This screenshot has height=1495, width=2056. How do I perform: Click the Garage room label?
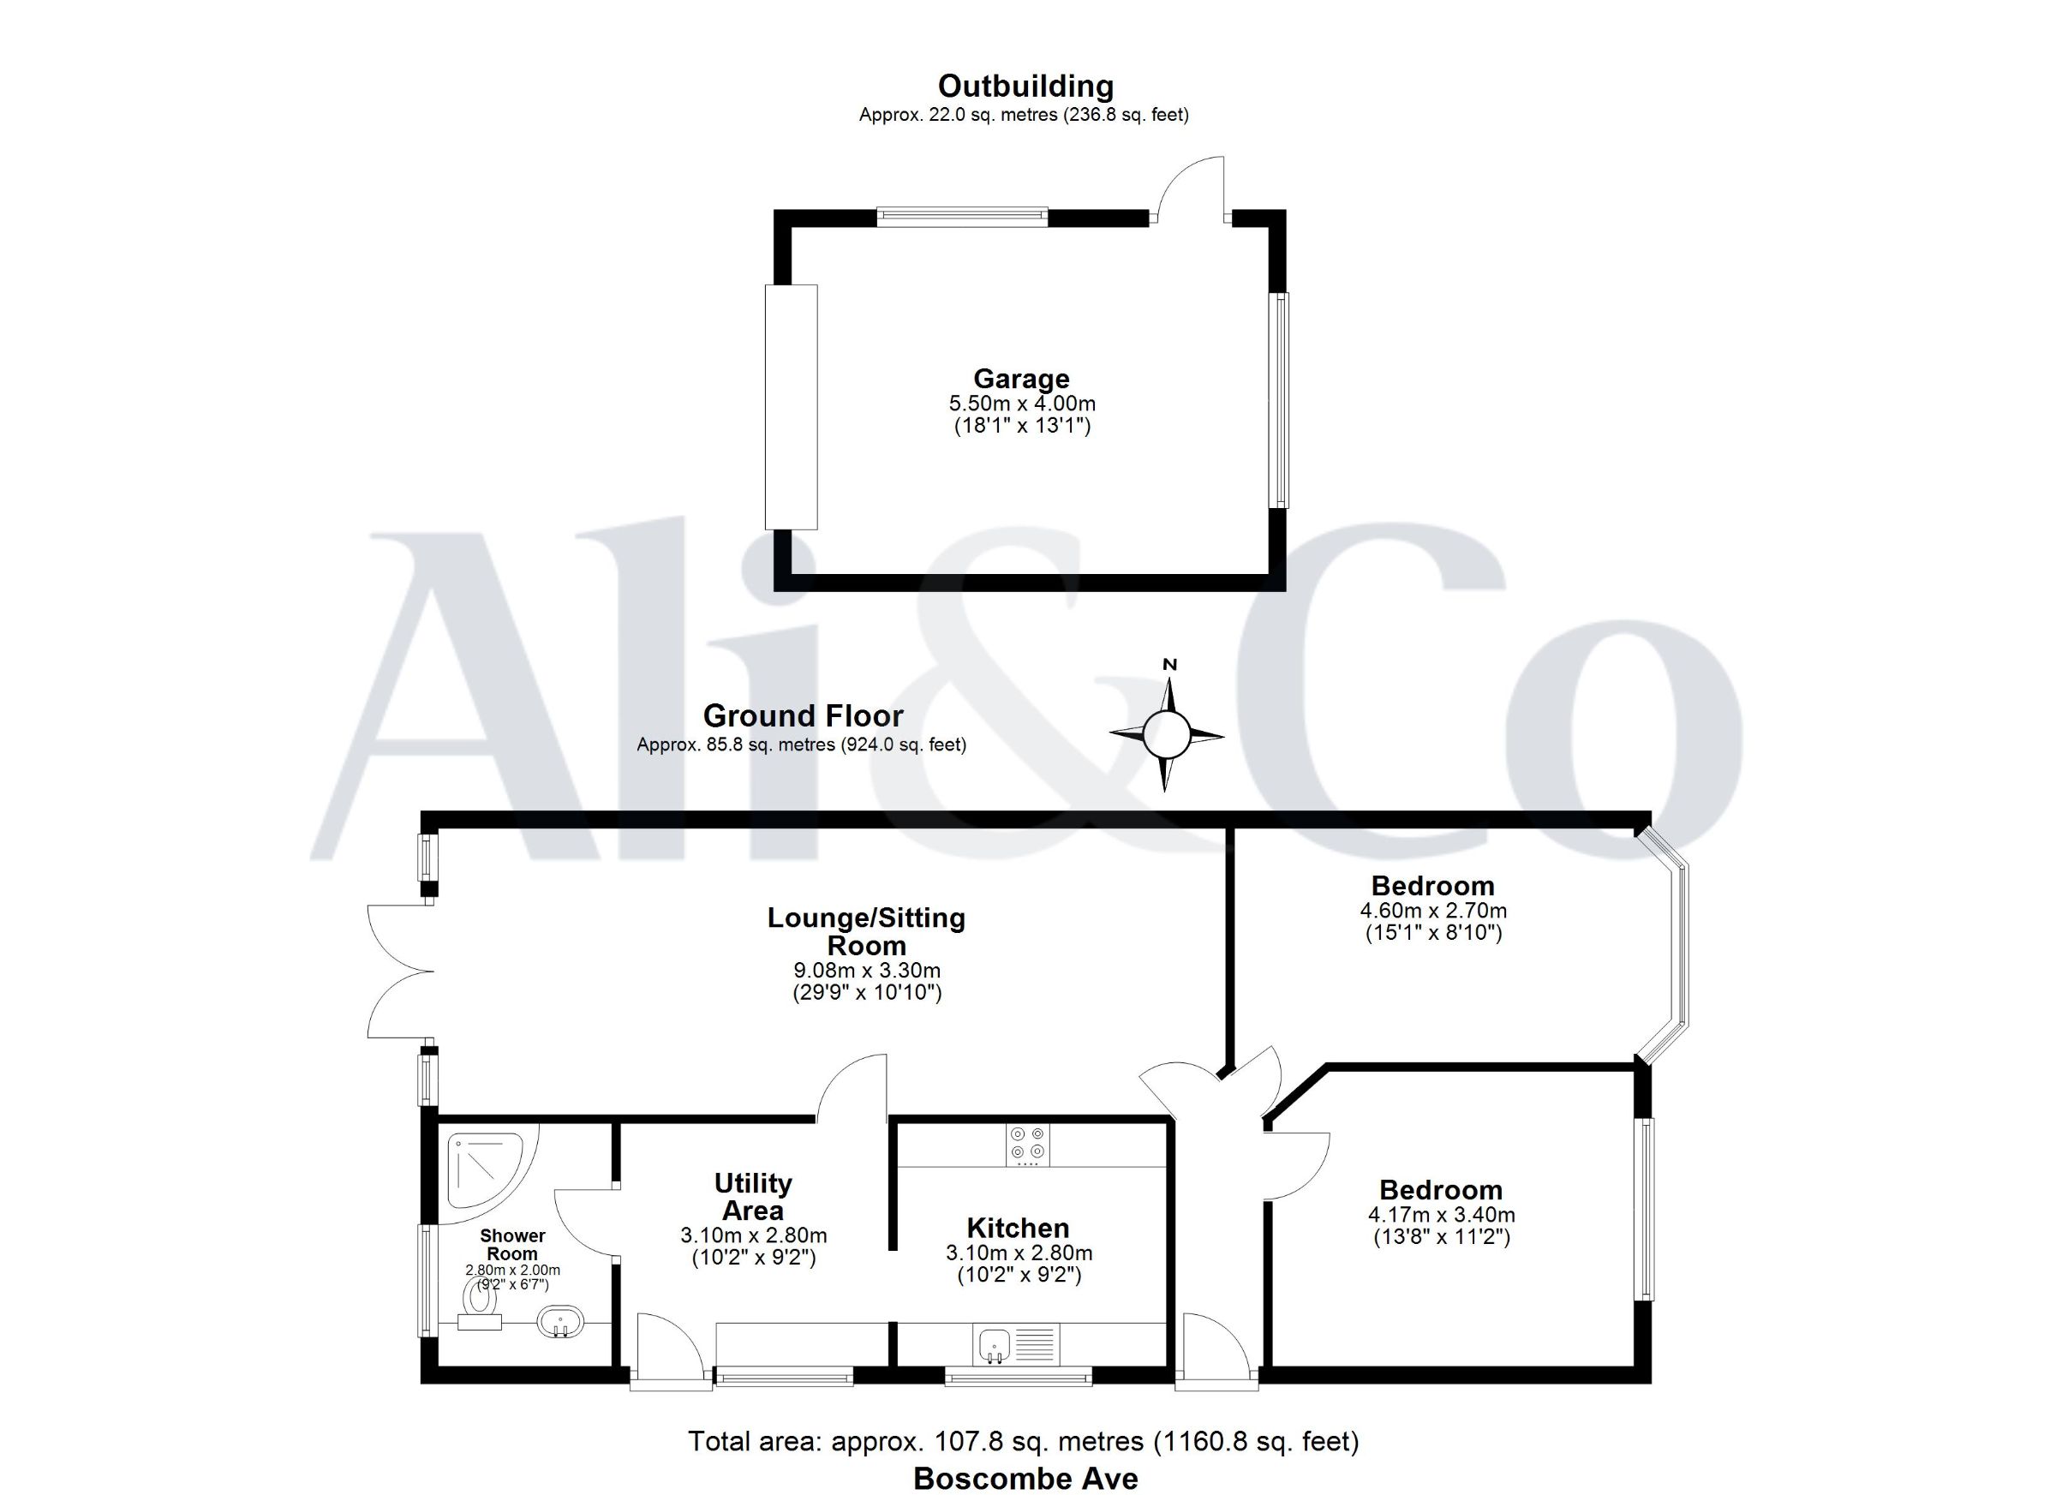(x=1022, y=378)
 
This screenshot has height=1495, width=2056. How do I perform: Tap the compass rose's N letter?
(x=1169, y=665)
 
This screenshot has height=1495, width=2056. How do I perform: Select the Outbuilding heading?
(x=1025, y=87)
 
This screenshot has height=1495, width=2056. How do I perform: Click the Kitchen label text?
(x=1018, y=1228)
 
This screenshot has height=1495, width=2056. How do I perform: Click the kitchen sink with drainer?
(x=1016, y=1344)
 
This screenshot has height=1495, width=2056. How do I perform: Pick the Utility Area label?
(x=752, y=1196)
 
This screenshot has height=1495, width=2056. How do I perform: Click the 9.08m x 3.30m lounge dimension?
(x=867, y=970)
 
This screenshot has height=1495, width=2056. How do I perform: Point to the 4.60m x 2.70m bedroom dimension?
(x=1433, y=910)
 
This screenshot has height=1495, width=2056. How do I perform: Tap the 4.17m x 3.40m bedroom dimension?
(x=1442, y=1214)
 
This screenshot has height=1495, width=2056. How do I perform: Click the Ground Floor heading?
(x=804, y=716)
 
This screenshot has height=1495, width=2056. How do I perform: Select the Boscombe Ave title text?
(x=1025, y=1479)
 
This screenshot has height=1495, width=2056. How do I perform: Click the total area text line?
(x=1024, y=1441)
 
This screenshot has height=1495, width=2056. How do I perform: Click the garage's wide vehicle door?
(x=792, y=407)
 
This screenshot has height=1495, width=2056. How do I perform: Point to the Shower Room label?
(x=512, y=1245)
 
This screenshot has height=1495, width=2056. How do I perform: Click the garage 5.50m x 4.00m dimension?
(x=1023, y=403)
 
